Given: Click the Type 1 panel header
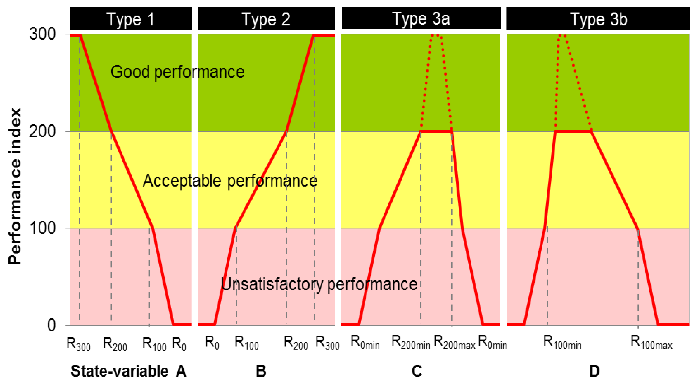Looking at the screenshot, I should pos(131,19).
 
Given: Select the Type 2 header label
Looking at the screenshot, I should pos(266,19).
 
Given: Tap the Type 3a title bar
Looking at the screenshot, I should pos(421,18).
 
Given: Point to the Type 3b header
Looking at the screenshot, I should pos(598,19).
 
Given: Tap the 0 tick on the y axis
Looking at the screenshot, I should pos(51,325).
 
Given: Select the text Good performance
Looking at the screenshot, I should pos(177,72).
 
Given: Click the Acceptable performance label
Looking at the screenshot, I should pos(230,181).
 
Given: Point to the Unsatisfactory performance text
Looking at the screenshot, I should pos(319,284).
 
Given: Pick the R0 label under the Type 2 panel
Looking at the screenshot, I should pos(212,342).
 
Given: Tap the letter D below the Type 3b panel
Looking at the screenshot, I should pos(594,371).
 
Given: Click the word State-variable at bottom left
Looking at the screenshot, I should pos(120,371).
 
